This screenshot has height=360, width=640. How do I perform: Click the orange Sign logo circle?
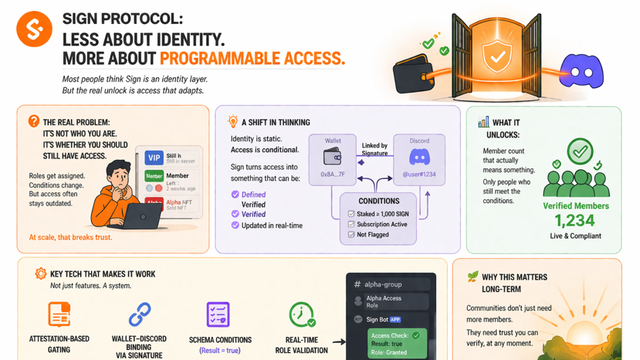pos(34,29)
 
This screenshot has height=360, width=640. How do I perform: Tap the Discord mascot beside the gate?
pos(581,72)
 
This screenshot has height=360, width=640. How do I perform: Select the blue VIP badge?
pos(154,158)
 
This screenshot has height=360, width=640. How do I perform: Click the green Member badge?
pos(154,176)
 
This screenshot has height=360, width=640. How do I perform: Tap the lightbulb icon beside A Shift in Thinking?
pos(232,122)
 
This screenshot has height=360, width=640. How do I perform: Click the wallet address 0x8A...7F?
pos(333,175)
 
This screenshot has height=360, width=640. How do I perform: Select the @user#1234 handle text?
pos(419,175)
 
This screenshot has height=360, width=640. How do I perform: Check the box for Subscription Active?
pos(351,224)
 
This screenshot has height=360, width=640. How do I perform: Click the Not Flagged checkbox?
pos(351,234)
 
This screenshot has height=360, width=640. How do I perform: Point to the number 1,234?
pos(575,221)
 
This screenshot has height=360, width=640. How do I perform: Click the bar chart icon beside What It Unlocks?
pos(483,122)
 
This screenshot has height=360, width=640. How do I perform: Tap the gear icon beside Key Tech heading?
pos(40,273)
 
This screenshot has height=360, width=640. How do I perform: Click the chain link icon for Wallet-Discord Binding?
pos(140,314)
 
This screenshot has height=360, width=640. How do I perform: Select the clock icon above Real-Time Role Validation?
pos(301,314)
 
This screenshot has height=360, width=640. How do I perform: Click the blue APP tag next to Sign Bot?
pos(395,319)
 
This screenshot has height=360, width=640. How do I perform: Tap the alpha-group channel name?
pos(383,284)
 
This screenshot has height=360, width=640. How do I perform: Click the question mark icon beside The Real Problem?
pos(34,121)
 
